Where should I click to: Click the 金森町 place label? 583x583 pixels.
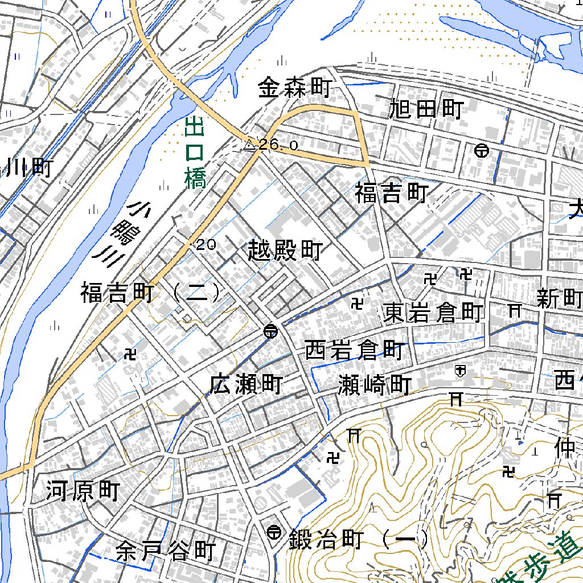[x=294, y=88]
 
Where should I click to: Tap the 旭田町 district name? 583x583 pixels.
[x=426, y=109]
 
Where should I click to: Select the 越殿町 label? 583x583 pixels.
[x=286, y=251]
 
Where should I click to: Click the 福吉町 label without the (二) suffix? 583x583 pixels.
[x=391, y=194]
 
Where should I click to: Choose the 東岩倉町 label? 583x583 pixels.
[x=433, y=313]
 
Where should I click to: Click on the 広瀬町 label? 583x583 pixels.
[x=245, y=384]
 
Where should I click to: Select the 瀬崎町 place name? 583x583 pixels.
[x=374, y=385]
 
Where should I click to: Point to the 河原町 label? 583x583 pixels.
[x=83, y=491]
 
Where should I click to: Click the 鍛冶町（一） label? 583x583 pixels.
[x=359, y=539]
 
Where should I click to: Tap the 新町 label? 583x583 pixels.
[x=559, y=298]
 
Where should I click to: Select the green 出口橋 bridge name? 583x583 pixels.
[x=195, y=153]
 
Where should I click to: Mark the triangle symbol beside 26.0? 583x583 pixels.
[x=249, y=146]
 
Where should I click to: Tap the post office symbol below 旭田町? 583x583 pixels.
[x=482, y=151]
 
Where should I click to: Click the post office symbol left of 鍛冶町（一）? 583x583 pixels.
[x=274, y=532]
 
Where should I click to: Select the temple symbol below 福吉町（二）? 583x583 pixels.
[x=130, y=355]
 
